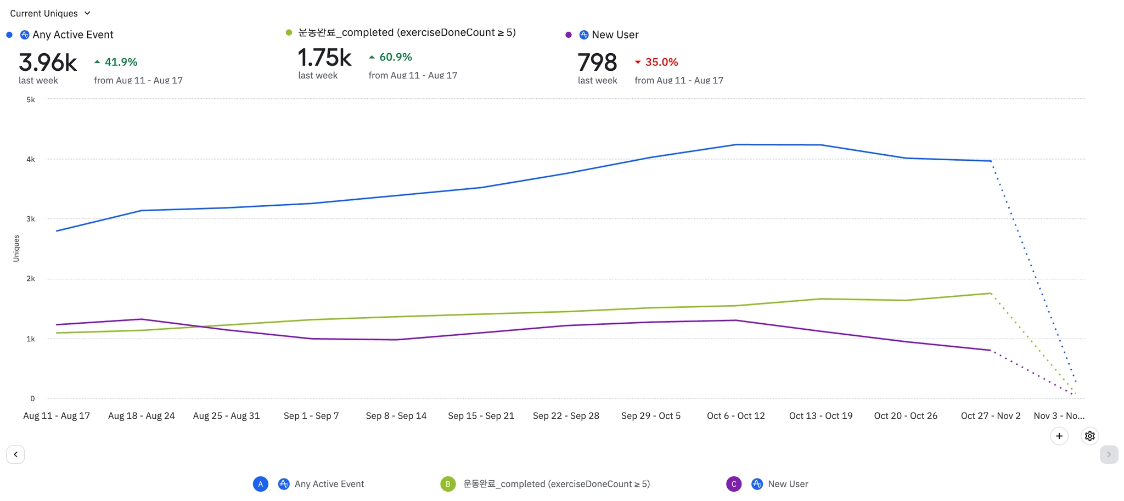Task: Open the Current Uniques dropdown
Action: [x=50, y=13]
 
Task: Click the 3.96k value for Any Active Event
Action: [x=48, y=63]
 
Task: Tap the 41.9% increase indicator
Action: [x=116, y=62]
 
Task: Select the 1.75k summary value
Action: [x=324, y=58]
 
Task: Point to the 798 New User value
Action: [x=597, y=63]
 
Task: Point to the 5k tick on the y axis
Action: [x=31, y=100]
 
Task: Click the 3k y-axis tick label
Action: [x=31, y=219]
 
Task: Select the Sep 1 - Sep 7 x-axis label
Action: [x=311, y=416]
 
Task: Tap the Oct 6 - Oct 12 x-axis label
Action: [x=735, y=416]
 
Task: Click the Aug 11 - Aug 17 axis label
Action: [x=57, y=416]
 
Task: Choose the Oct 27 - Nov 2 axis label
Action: [x=990, y=416]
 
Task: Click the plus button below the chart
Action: [x=1059, y=436]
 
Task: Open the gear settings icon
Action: [x=1089, y=436]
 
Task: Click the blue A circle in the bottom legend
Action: [x=261, y=484]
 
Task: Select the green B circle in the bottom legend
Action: [x=448, y=484]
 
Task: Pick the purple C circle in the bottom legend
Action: [x=734, y=484]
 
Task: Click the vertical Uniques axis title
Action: [x=16, y=249]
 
